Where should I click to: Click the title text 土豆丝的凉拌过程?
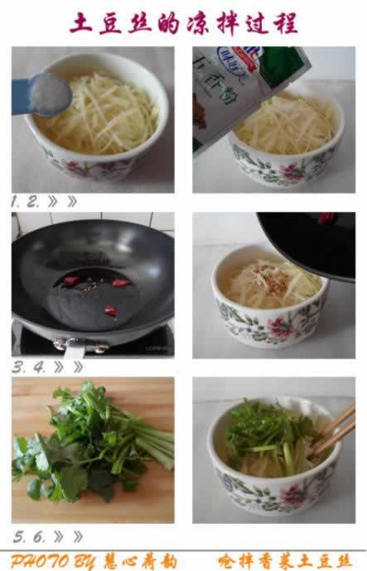click(183, 22)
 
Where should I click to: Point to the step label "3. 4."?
click(30, 367)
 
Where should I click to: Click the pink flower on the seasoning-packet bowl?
click(291, 172)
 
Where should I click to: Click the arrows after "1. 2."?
click(63, 201)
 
